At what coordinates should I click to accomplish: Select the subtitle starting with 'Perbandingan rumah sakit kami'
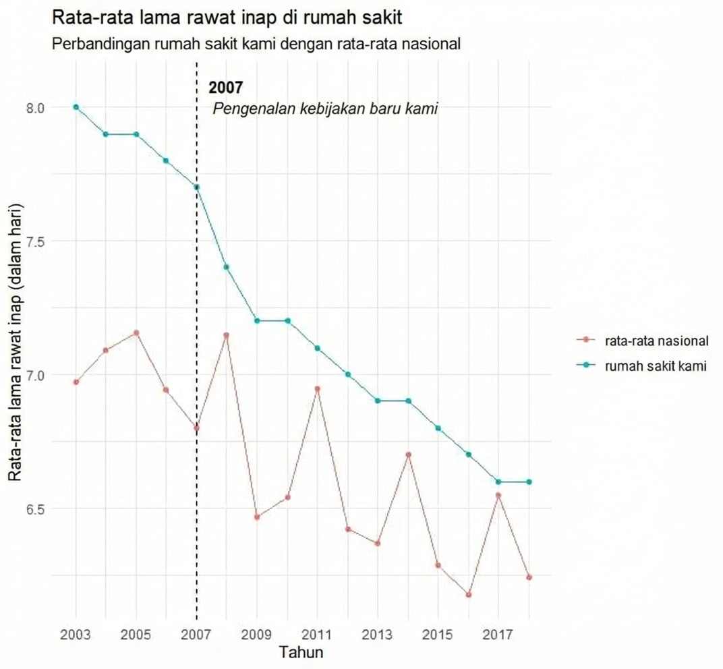(x=256, y=45)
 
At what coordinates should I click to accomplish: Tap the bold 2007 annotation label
(x=225, y=88)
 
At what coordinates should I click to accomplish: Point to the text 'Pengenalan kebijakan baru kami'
(x=326, y=109)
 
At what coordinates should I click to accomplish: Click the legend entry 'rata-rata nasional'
(x=656, y=341)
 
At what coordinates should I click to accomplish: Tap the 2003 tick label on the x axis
(x=76, y=635)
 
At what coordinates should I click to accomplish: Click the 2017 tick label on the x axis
(x=498, y=635)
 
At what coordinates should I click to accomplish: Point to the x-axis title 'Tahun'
(x=301, y=653)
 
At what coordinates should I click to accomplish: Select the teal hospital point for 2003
(x=76, y=107)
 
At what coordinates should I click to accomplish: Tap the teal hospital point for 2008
(x=227, y=267)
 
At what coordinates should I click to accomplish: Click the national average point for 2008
(x=227, y=335)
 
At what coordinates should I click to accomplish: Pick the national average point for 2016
(x=468, y=595)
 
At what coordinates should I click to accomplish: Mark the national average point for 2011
(x=317, y=389)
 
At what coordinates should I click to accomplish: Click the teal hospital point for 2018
(x=529, y=482)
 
